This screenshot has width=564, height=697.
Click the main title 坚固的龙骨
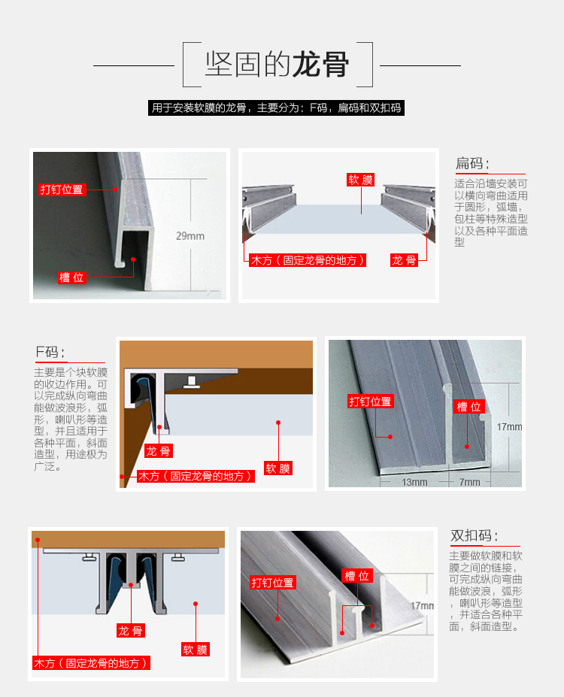[277, 65]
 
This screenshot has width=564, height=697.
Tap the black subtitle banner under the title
[276, 108]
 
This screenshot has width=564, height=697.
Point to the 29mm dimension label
[190, 236]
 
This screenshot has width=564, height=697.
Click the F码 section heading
[50, 353]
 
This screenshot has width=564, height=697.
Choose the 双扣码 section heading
[474, 535]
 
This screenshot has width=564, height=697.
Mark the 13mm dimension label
[414, 482]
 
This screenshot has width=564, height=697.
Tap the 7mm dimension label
[470, 482]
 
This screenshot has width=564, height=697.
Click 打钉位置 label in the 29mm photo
[62, 189]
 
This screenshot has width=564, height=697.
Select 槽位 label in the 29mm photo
[71, 277]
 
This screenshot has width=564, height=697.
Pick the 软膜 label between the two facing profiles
[360, 180]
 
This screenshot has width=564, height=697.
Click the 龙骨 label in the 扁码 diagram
[404, 260]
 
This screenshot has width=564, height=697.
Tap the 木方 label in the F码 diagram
[196, 477]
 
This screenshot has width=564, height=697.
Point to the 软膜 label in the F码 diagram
[278, 468]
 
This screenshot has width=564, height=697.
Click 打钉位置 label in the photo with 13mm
[370, 402]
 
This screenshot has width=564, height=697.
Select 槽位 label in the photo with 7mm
[469, 406]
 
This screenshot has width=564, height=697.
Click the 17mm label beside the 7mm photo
[509, 427]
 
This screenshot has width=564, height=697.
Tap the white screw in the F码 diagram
[192, 382]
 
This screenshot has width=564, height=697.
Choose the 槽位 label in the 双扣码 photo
[357, 576]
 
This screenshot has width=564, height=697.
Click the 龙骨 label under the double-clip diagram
[131, 631]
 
